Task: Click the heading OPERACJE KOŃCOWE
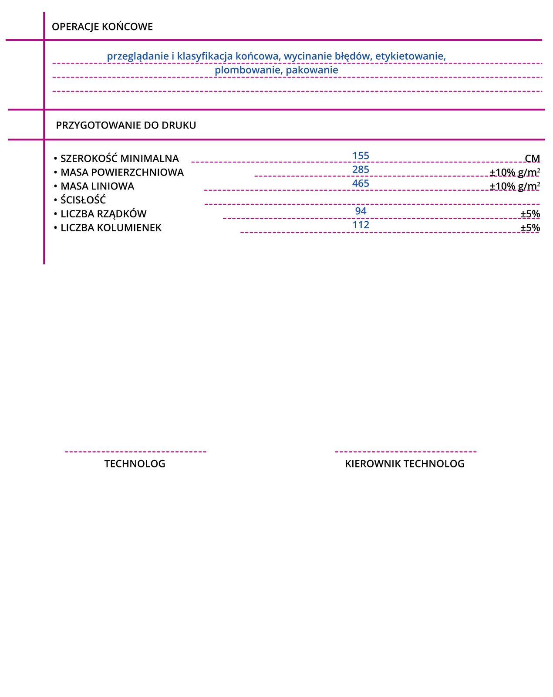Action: (x=102, y=27)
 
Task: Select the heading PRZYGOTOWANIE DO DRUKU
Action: (x=126, y=125)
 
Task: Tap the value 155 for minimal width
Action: (x=361, y=156)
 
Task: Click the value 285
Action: (x=361, y=169)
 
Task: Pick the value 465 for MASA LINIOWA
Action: (x=361, y=183)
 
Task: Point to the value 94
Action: (x=361, y=211)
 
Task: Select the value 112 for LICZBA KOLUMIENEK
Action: (x=361, y=225)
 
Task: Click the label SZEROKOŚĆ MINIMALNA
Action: (x=119, y=159)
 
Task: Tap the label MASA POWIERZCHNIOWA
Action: (x=122, y=173)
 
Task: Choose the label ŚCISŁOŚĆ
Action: (x=83, y=200)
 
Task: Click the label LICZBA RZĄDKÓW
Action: (x=104, y=214)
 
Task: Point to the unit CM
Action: (x=532, y=159)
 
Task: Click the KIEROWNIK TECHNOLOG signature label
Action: (x=405, y=464)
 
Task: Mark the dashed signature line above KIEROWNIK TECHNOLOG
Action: (x=405, y=452)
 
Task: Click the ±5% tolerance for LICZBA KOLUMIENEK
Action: (x=530, y=228)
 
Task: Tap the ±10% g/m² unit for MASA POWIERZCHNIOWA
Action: (x=515, y=173)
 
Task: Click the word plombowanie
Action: (x=248, y=70)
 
